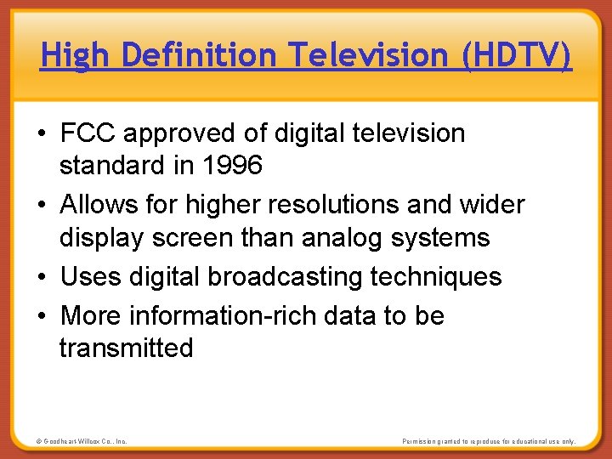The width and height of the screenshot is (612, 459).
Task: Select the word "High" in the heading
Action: [x=76, y=56]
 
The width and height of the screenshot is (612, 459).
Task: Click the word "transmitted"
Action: [x=126, y=348]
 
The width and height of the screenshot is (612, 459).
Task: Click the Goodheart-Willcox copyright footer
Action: [x=82, y=442]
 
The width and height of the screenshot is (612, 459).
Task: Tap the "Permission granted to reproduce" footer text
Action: [x=488, y=442]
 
